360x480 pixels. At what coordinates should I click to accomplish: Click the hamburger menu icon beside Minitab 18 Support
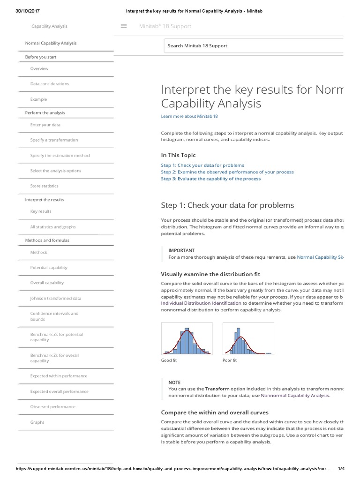pos(124,26)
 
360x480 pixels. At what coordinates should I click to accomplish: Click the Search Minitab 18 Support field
pos(253,46)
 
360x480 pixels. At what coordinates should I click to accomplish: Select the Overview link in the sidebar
pos(39,69)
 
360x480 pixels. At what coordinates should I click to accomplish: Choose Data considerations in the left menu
pos(49,84)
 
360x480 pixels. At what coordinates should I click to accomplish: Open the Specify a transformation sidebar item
pos(54,140)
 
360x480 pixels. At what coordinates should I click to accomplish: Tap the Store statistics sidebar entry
pos(44,186)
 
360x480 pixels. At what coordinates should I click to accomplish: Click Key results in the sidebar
pos(41,211)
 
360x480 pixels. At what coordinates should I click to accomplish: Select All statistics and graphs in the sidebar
pos(53,227)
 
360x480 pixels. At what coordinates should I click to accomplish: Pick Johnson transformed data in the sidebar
pos(55,298)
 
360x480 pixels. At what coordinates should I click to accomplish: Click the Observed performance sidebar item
pos(53,407)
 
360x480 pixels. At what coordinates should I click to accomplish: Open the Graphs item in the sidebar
pos(37,422)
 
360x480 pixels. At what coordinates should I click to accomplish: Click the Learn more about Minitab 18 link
pos(189,116)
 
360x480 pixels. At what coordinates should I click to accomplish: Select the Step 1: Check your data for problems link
pos(202,165)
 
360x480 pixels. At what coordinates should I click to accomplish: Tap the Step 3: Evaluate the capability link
pos(210,179)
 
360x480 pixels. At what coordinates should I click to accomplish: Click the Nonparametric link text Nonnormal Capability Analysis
pos(295,396)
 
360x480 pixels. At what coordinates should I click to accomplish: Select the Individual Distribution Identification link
pos(201,303)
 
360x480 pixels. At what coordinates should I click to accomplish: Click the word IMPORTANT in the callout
pos(181,250)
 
